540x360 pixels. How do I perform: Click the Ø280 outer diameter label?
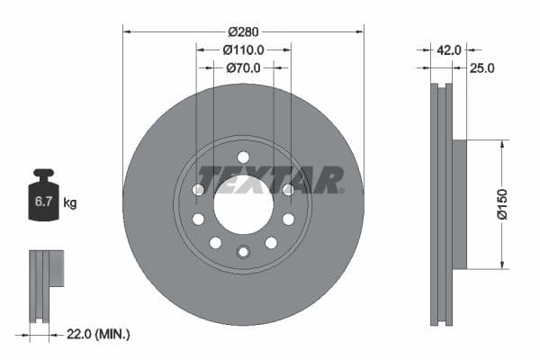[243, 31]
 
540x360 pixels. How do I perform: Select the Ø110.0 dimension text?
[243, 49]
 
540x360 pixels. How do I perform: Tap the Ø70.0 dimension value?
[243, 67]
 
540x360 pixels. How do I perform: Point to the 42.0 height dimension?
[449, 51]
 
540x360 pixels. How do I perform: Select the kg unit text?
[70, 203]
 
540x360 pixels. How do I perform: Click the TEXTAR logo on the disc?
[270, 180]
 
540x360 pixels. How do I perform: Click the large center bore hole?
[243, 205]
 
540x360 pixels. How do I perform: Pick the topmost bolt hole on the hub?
[243, 157]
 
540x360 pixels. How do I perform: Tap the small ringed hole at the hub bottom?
[243, 251]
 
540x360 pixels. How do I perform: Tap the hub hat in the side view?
[458, 204]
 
